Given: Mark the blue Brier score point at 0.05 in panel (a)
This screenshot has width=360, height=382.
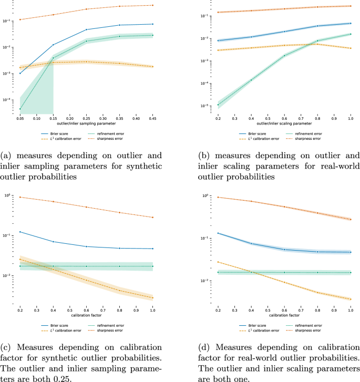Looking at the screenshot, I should [x=20, y=73].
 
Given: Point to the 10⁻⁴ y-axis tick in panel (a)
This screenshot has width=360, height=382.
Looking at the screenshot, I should [x=11, y=100].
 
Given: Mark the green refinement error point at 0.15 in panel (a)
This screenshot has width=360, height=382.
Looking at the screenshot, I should [x=53, y=58].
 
